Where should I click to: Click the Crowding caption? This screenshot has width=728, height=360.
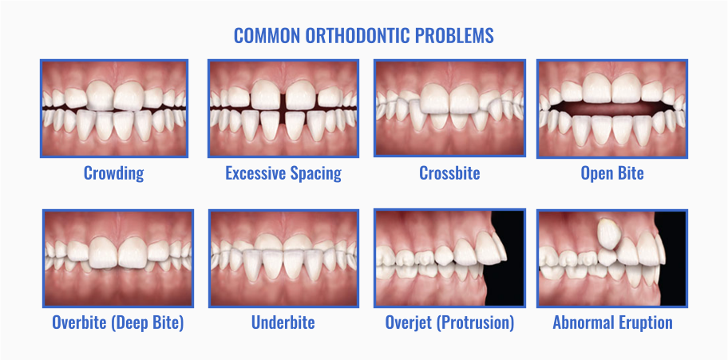(x=113, y=173)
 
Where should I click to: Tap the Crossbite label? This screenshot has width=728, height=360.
(x=449, y=173)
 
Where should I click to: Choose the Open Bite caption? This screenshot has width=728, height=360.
(x=612, y=173)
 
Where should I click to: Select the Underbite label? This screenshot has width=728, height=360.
(x=283, y=322)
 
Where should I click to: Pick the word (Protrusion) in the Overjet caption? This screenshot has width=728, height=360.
(x=482, y=322)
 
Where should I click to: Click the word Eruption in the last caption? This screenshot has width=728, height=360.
(x=647, y=322)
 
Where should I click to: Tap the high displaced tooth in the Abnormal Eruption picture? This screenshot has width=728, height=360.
(x=608, y=234)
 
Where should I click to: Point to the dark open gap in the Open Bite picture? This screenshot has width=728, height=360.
(x=612, y=109)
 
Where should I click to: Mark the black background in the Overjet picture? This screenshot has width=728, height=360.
(x=508, y=279)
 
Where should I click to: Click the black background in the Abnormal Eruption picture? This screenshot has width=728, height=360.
(x=673, y=279)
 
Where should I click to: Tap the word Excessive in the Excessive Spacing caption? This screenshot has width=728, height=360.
(x=255, y=173)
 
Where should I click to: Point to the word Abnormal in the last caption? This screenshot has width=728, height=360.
(x=584, y=322)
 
